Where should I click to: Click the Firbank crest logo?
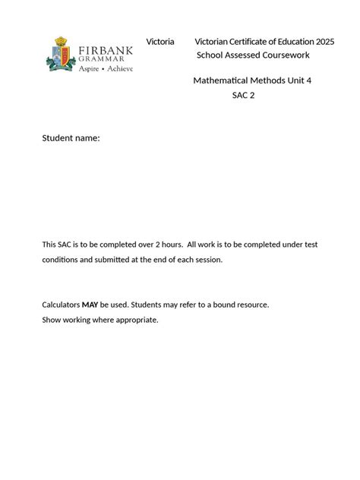pyautogui.click(x=60, y=55)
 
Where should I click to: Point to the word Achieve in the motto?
pyautogui.click(x=120, y=68)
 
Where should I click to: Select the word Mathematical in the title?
pyautogui.click(x=224, y=81)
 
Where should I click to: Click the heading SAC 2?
pyautogui.click(x=243, y=95)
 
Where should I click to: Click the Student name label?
pyautogui.click(x=71, y=138)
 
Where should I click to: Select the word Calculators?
pyautogui.click(x=61, y=305)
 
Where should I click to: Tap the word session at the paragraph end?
pyautogui.click(x=207, y=259)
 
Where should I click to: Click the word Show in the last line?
pyautogui.click(x=51, y=320)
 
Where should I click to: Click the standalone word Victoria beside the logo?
pyautogui.click(x=160, y=41)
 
